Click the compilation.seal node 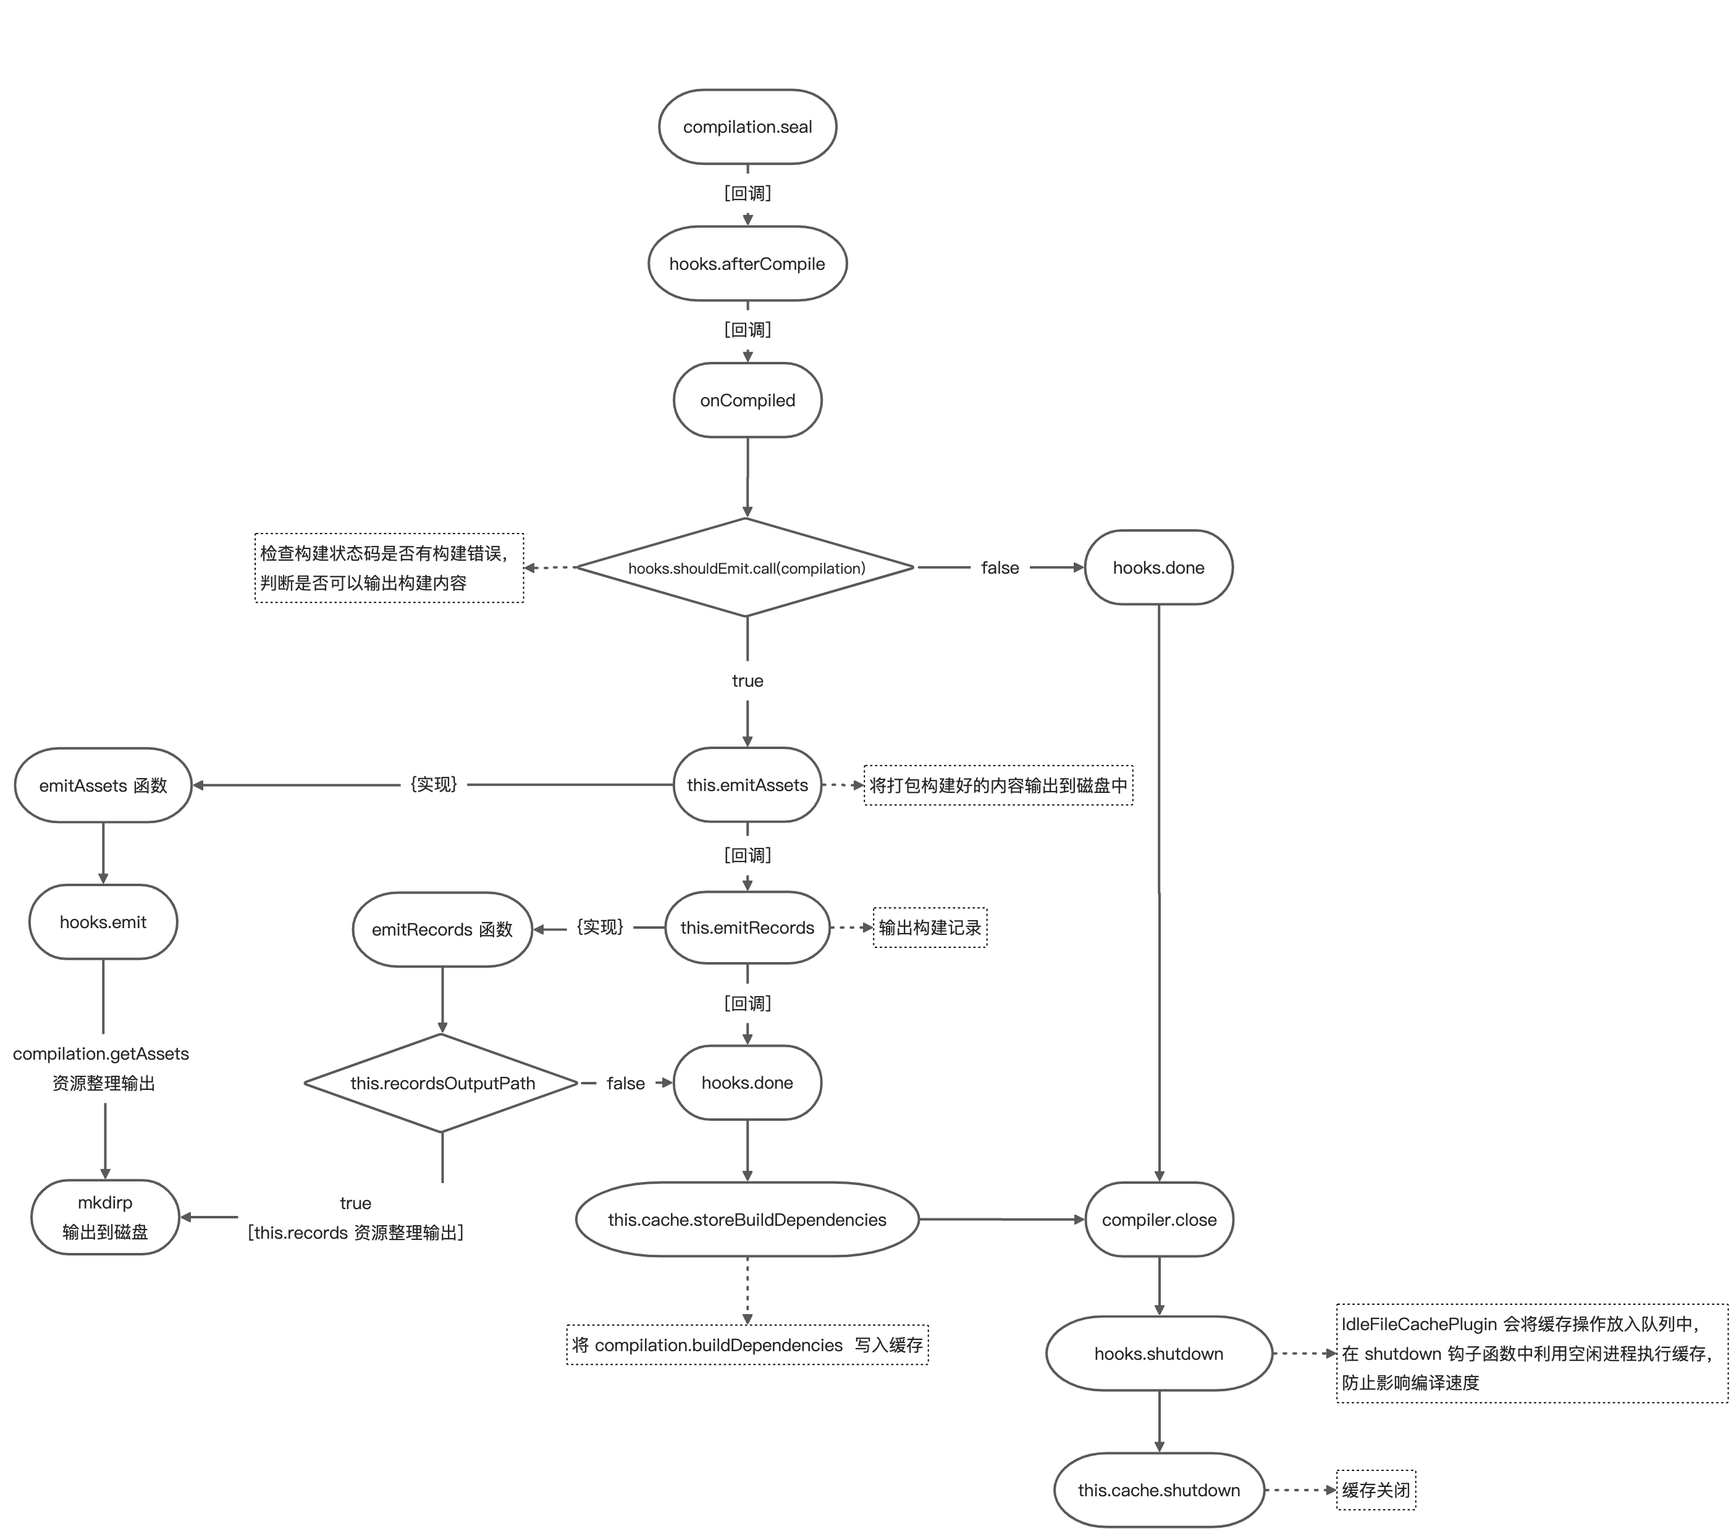[747, 127]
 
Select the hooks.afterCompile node [747, 263]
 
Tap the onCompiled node [747, 400]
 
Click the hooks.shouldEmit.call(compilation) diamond [745, 568]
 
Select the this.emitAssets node [747, 785]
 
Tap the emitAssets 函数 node [103, 785]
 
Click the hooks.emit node [103, 922]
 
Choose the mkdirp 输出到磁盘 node [105, 1217]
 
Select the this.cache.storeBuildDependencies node [747, 1219]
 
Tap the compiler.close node [1158, 1219]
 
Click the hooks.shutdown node [1158, 1353]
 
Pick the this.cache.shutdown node [1158, 1490]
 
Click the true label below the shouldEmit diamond [747, 681]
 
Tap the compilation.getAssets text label [101, 1054]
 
